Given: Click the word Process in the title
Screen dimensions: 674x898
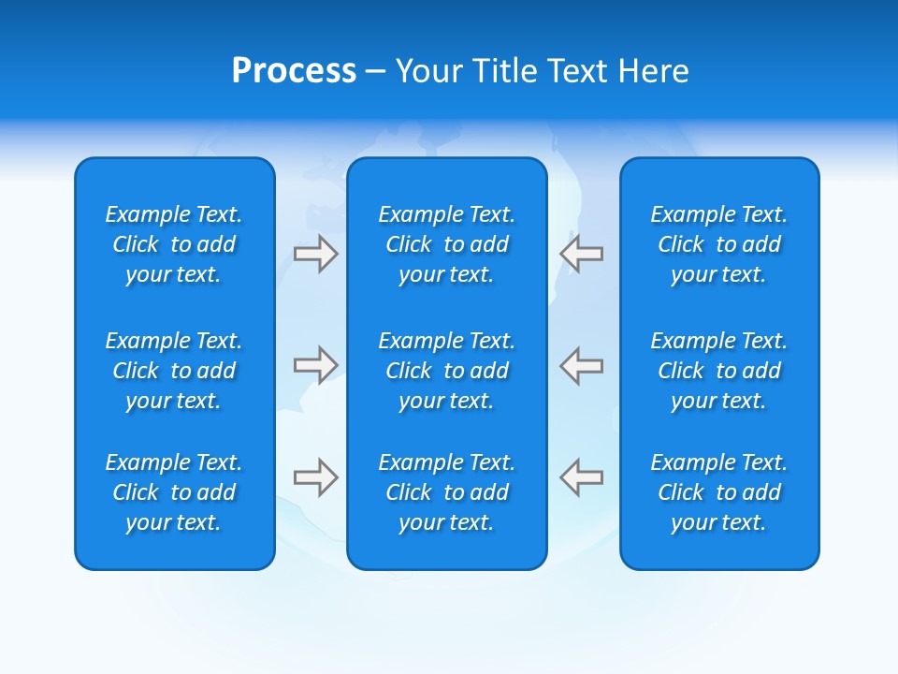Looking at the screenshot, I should (294, 71).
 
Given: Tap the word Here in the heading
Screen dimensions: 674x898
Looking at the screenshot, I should (654, 71).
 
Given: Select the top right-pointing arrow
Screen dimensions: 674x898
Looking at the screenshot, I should (316, 254).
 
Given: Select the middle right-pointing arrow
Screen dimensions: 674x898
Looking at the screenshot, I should (316, 365).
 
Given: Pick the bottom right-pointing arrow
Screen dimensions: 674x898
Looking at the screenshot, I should (316, 477).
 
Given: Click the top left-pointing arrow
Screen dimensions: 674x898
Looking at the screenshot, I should (581, 254).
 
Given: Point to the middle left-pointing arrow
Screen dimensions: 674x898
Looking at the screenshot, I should (581, 365).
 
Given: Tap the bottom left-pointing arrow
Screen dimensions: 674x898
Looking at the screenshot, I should (581, 477).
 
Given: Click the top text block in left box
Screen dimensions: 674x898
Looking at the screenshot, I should (174, 244).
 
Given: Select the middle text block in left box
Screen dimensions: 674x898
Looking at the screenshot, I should (174, 371).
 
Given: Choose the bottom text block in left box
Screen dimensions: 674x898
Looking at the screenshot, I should (174, 492).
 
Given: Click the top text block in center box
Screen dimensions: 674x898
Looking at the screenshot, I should (447, 244).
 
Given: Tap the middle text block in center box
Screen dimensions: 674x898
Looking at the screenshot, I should (447, 371).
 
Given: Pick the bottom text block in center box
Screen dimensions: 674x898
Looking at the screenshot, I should (447, 492).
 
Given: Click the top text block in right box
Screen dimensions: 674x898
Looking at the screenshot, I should (719, 244).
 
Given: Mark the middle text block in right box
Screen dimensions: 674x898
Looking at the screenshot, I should (719, 371).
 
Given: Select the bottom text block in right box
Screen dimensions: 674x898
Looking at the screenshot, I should (719, 492).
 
